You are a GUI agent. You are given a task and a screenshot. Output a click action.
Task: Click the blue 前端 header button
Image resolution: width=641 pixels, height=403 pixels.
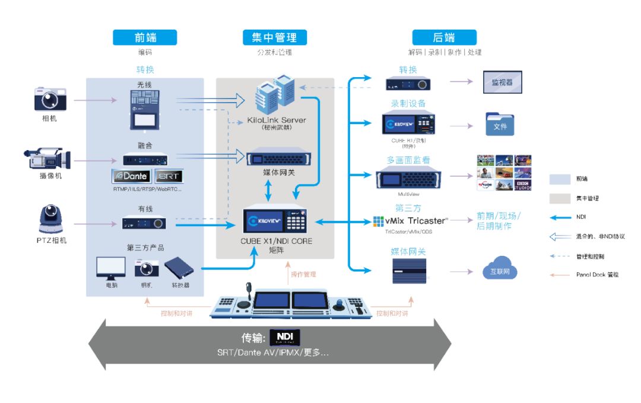tap(145, 37)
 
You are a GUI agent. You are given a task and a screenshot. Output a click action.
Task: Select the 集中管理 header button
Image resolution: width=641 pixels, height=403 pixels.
tap(274, 37)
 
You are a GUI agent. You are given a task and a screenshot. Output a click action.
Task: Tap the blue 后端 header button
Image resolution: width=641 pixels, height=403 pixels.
tap(444, 37)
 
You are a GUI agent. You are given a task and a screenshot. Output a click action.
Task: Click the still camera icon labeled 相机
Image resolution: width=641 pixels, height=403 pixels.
tap(50, 99)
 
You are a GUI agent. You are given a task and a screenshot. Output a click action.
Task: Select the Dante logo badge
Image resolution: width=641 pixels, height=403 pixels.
tap(131, 176)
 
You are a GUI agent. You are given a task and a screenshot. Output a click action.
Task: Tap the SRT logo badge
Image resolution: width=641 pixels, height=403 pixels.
tap(169, 176)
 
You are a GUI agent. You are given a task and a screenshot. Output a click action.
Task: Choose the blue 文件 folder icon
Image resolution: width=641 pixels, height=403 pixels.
tap(500, 125)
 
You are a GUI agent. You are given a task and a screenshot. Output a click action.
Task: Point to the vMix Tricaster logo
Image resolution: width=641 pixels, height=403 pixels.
tap(411, 221)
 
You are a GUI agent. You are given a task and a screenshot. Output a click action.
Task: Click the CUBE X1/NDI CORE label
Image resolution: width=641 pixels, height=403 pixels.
tap(276, 241)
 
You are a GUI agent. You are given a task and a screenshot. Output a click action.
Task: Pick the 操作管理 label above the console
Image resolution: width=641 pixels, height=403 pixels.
tap(303, 274)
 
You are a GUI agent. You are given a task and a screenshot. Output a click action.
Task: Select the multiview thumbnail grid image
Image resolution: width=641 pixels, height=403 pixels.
tap(504, 172)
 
